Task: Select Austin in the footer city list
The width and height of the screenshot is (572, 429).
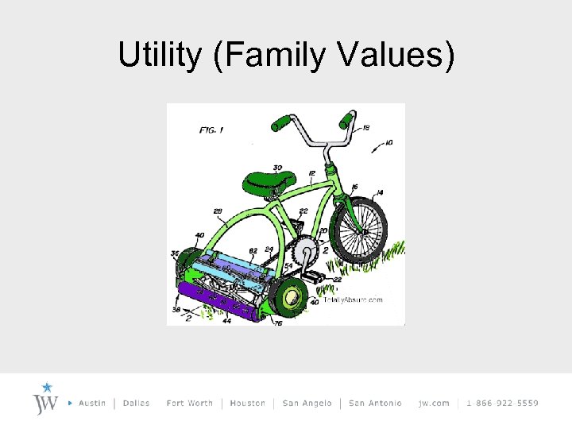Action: click(92, 403)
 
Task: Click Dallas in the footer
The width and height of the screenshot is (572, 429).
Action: click(137, 403)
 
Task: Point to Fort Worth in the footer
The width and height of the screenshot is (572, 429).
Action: click(190, 403)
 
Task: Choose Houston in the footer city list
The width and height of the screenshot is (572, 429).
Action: click(247, 403)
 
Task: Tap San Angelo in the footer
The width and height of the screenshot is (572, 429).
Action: click(306, 403)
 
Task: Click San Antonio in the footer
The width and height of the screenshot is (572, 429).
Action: click(375, 403)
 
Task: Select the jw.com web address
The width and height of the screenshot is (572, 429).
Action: click(434, 403)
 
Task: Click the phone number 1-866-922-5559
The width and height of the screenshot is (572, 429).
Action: click(502, 403)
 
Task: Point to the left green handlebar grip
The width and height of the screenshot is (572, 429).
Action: click(283, 123)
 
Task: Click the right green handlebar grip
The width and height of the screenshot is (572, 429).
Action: click(346, 120)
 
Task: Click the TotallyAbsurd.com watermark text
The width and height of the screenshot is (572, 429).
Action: click(352, 300)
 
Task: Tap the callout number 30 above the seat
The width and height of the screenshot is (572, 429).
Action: click(277, 167)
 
